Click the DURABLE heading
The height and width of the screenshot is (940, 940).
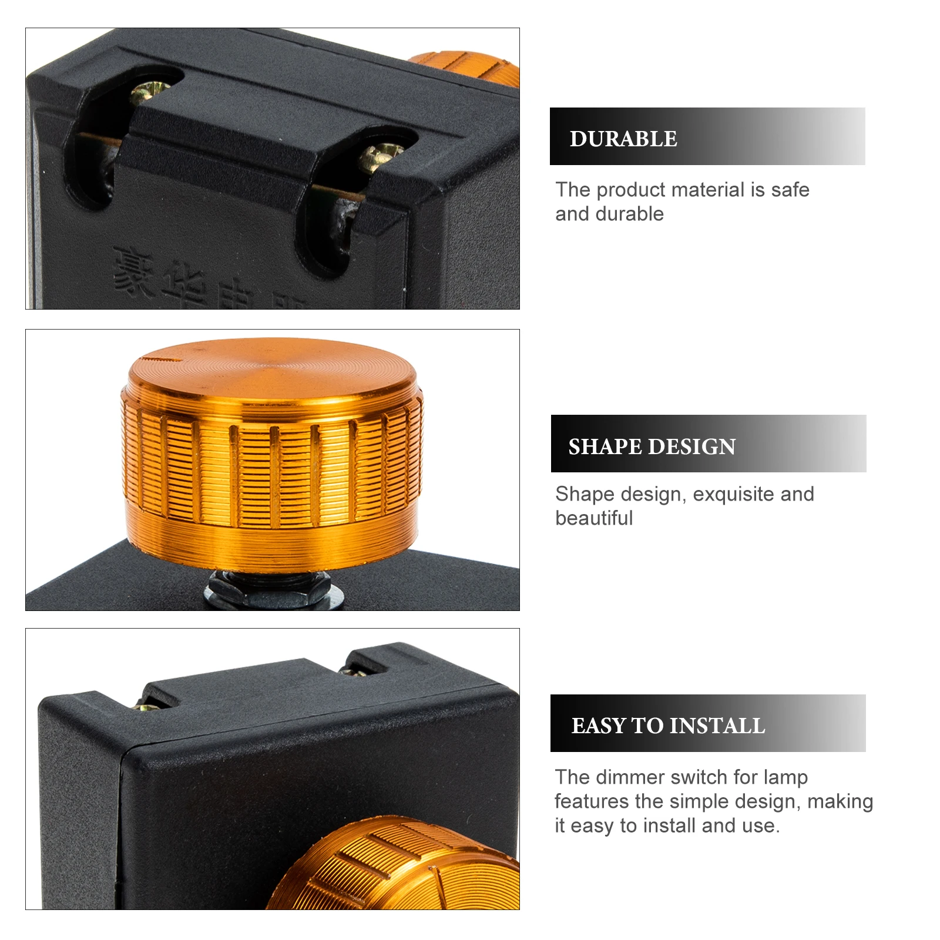tap(623, 139)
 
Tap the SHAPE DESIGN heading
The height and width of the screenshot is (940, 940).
tap(652, 446)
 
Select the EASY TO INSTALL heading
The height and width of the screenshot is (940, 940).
tap(668, 726)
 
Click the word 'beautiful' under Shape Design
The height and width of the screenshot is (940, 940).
tap(594, 518)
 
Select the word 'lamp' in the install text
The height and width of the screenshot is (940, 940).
tap(785, 777)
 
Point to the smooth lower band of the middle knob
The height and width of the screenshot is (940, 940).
tap(271, 540)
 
